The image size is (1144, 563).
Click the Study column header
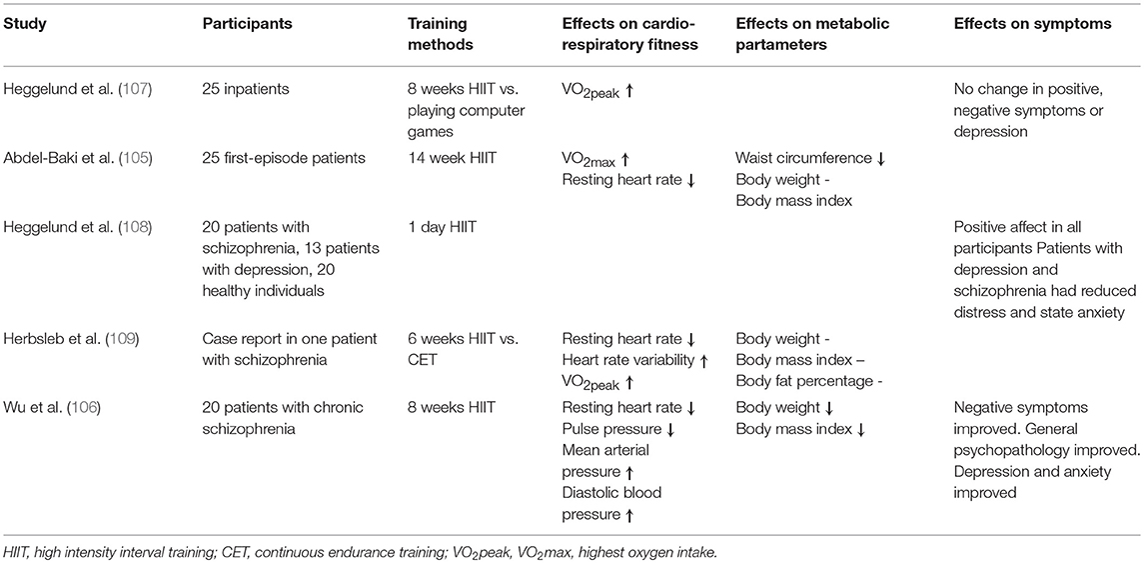pyautogui.click(x=24, y=24)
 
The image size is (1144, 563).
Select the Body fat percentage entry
pyautogui.click(x=806, y=380)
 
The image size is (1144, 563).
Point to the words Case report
pyautogui.click(x=244, y=339)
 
